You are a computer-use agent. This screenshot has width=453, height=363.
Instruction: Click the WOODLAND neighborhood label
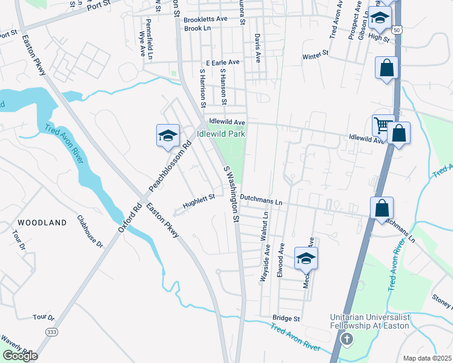(42, 223)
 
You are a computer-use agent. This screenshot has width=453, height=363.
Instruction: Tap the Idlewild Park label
(220, 133)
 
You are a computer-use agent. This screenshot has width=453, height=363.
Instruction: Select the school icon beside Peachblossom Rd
(168, 136)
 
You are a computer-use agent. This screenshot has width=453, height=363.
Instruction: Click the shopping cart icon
(382, 125)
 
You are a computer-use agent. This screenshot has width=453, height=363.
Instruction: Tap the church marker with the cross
(347, 339)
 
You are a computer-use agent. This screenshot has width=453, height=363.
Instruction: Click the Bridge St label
(286, 318)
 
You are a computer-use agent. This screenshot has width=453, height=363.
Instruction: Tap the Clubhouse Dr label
(90, 231)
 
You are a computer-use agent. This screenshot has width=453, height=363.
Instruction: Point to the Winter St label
(315, 54)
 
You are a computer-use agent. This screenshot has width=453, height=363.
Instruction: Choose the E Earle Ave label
(223, 62)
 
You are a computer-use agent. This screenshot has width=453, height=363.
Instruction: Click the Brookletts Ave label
(206, 19)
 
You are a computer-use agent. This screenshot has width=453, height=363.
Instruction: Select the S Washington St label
(233, 194)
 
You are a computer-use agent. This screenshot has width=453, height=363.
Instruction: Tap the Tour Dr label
(44, 317)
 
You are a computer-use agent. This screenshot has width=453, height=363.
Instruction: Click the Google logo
(20, 356)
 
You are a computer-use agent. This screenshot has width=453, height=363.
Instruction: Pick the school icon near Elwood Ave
(306, 258)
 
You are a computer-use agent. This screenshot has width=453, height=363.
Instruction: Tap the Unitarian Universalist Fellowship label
(370, 321)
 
